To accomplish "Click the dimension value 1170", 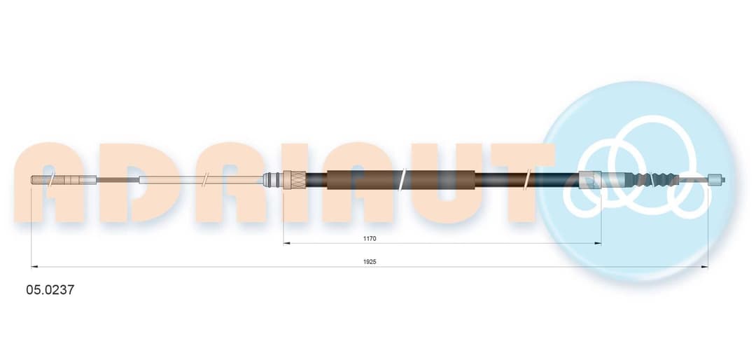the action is pyautogui.click(x=370, y=238).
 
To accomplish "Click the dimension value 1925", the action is pyautogui.click(x=370, y=261).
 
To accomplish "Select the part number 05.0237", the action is pyautogui.click(x=50, y=290).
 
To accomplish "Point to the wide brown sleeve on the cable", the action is pyautogui.click(x=400, y=180).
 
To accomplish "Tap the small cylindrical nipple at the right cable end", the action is pyautogui.click(x=716, y=180).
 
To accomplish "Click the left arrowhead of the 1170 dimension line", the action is pyautogui.click(x=286, y=243).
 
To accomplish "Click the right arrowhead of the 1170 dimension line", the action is pyautogui.click(x=598, y=243).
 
